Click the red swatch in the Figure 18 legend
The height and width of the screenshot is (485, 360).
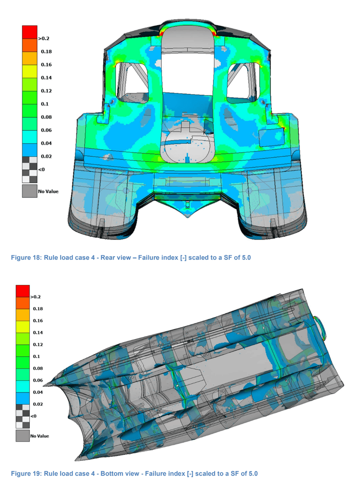pos(30,32)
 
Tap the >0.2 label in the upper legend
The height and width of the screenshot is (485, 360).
pos(44,38)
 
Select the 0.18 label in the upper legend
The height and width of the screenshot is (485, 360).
pos(46,52)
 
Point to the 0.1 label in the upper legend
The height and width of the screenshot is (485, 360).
pos(45,104)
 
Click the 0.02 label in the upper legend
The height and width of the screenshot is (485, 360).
pos(46,156)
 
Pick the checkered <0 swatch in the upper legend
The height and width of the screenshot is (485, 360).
pos(30,170)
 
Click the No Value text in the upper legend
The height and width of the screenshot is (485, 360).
pos(48,192)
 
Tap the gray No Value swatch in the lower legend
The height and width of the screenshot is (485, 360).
pos(23,436)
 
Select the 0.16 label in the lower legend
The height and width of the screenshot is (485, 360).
pos(38,321)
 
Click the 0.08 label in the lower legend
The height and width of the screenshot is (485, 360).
pos(38,368)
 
